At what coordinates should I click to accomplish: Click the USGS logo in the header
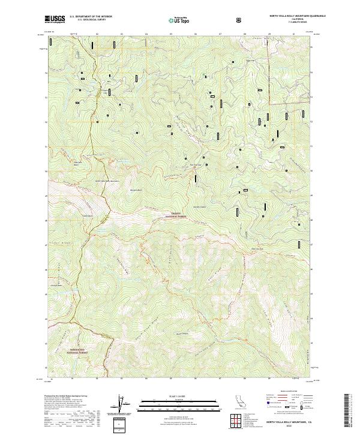[x=55, y=20]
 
